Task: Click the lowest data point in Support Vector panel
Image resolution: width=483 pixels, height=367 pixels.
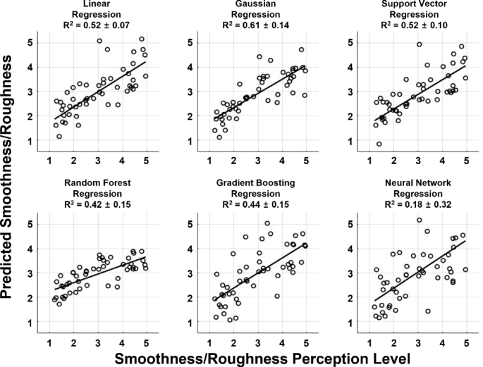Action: tap(379, 144)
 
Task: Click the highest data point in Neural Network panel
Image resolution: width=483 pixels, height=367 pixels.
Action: tap(419, 220)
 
